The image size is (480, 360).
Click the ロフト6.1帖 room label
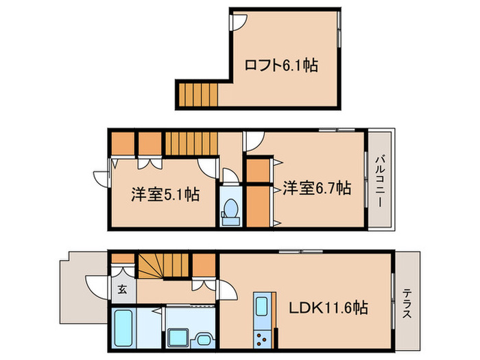tap(281, 66)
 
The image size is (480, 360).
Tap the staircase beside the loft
tap(198, 94)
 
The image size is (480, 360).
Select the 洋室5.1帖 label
tap(165, 195)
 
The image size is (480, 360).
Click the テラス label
tap(407, 304)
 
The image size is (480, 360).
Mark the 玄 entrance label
tap(122, 289)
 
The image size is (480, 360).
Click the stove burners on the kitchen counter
tap(262, 337)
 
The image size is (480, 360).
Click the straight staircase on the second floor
tap(191, 144)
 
